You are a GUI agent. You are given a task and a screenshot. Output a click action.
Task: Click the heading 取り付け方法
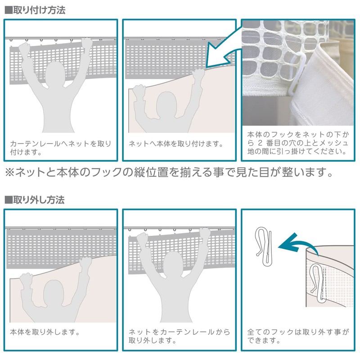(39, 10)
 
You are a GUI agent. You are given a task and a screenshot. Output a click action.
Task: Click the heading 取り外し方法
(39, 200)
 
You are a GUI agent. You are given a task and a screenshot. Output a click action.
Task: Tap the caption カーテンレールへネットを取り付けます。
(61, 148)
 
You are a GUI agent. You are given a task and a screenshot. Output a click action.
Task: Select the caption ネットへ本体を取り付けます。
(176, 144)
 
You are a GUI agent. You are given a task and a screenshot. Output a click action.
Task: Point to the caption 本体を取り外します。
(45, 332)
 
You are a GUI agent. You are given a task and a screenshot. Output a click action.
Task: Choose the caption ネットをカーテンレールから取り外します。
(179, 336)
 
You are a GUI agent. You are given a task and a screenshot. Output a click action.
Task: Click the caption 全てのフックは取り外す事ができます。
(298, 336)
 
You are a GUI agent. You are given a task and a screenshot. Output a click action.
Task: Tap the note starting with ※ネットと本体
(169, 172)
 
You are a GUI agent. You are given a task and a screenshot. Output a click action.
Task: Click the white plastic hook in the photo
(297, 73)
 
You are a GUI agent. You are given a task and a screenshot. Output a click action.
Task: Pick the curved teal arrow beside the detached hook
(298, 245)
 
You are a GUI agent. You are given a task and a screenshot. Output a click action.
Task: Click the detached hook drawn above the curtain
(264, 247)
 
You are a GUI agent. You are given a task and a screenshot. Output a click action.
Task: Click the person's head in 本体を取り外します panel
(53, 293)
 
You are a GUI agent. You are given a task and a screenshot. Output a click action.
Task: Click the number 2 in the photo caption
(260, 143)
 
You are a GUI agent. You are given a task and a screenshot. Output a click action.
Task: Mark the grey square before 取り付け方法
(9, 10)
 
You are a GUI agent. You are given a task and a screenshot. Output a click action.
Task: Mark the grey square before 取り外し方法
(9, 200)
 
